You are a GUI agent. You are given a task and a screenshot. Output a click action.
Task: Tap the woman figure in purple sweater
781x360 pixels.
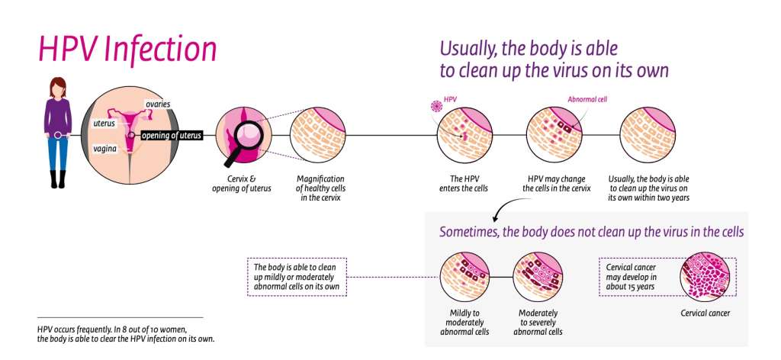(x=58, y=130)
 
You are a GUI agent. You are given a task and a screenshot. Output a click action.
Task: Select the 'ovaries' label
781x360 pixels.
(x=159, y=104)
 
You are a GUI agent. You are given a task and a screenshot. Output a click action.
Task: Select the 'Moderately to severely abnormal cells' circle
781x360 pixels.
(x=538, y=277)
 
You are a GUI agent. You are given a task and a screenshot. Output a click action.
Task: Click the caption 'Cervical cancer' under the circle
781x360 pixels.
(x=705, y=313)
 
